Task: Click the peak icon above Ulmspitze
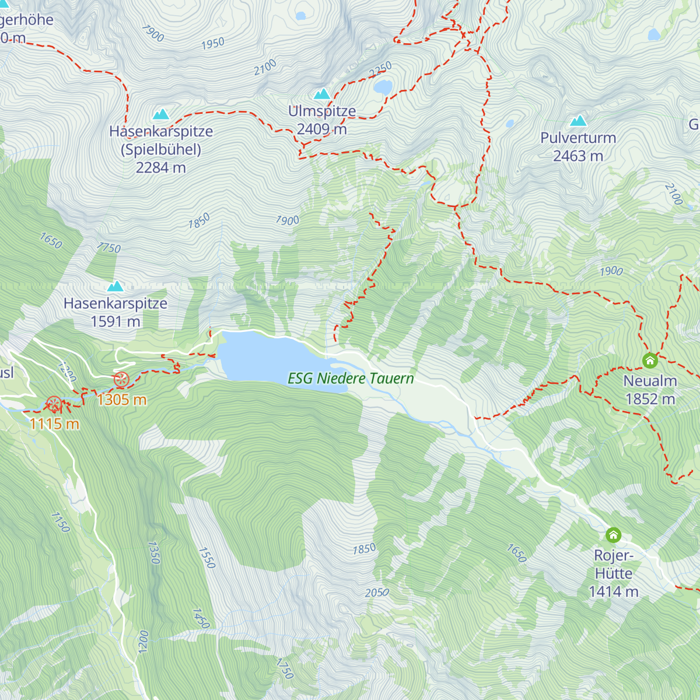[x=322, y=94]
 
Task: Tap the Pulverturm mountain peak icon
[x=578, y=121]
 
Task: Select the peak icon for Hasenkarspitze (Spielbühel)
[x=160, y=114]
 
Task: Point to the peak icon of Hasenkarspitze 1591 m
[x=116, y=286]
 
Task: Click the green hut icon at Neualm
[x=650, y=360]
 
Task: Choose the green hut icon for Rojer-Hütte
[x=613, y=534]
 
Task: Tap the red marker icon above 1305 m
[x=121, y=380]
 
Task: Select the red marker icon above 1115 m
[x=54, y=403]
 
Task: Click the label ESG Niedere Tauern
[x=351, y=379]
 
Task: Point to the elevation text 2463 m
[x=577, y=156]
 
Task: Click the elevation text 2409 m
[x=321, y=129]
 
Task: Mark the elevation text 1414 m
[x=613, y=591]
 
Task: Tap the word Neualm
[x=650, y=381]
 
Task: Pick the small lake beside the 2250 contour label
[x=383, y=87]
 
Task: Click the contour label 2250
[x=380, y=70]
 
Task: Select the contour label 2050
[x=377, y=593]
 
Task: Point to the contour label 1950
[x=213, y=44]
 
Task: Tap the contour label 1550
[x=206, y=558]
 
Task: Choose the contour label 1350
[x=153, y=552]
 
